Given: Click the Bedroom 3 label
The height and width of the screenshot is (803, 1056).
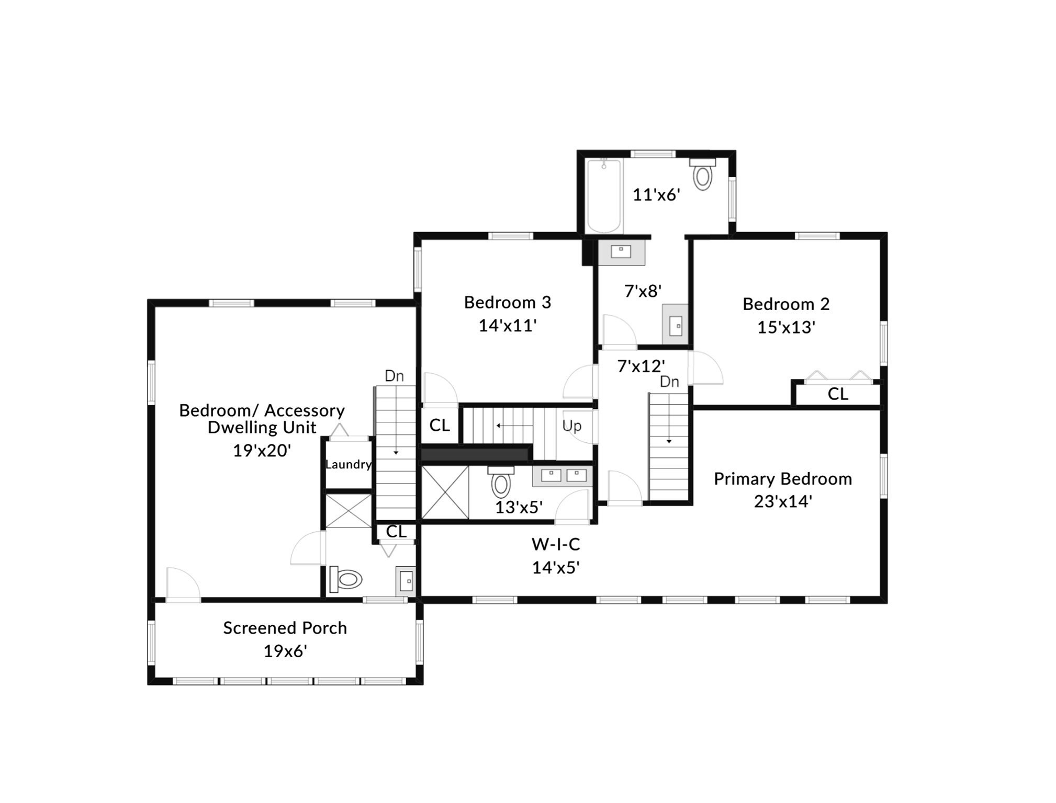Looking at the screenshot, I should (507, 302).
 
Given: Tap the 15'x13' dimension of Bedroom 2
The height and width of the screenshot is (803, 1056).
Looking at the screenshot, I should (786, 327).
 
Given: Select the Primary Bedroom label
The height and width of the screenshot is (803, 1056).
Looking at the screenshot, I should (782, 479).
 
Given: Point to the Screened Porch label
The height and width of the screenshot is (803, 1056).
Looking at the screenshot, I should (285, 628).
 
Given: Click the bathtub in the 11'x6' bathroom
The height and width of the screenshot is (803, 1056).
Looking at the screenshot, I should (604, 196).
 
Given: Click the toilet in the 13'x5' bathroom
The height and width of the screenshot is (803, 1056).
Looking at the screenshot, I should (501, 482).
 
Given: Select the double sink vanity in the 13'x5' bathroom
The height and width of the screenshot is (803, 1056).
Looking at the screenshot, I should (563, 476).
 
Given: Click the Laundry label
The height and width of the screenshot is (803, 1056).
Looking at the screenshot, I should (348, 464).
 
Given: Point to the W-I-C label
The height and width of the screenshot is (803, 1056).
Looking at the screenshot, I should (556, 545).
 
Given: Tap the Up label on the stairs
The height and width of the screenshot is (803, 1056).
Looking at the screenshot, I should (571, 426).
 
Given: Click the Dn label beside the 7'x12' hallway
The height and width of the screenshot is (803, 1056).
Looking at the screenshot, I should (669, 382).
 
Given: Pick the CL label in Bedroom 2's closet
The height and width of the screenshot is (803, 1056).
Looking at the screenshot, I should (837, 394).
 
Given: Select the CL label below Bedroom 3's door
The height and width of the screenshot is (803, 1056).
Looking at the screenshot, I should (440, 426).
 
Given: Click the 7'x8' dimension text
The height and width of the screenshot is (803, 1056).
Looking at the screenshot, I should (643, 291).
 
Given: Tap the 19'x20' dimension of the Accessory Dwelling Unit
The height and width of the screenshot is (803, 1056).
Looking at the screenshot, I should (262, 451).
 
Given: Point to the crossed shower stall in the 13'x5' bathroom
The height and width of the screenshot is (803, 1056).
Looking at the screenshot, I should (445, 493).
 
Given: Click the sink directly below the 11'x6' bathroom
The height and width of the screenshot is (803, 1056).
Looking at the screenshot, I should (621, 253).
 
